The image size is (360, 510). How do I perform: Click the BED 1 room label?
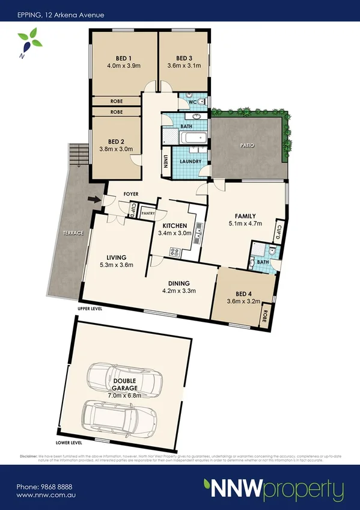tap(119, 58)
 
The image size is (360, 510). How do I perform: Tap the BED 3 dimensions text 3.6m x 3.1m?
tap(183, 66)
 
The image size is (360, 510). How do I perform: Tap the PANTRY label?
tap(148, 213)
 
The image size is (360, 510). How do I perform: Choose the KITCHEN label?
tap(174, 226)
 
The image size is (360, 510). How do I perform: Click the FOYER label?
tap(132, 194)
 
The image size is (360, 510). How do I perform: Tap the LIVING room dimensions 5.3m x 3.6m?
tap(116, 265)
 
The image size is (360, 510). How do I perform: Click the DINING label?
tap(179, 283)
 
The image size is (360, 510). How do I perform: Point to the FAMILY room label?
tap(245, 216)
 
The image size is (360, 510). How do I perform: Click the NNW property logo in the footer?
tap(273, 488)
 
